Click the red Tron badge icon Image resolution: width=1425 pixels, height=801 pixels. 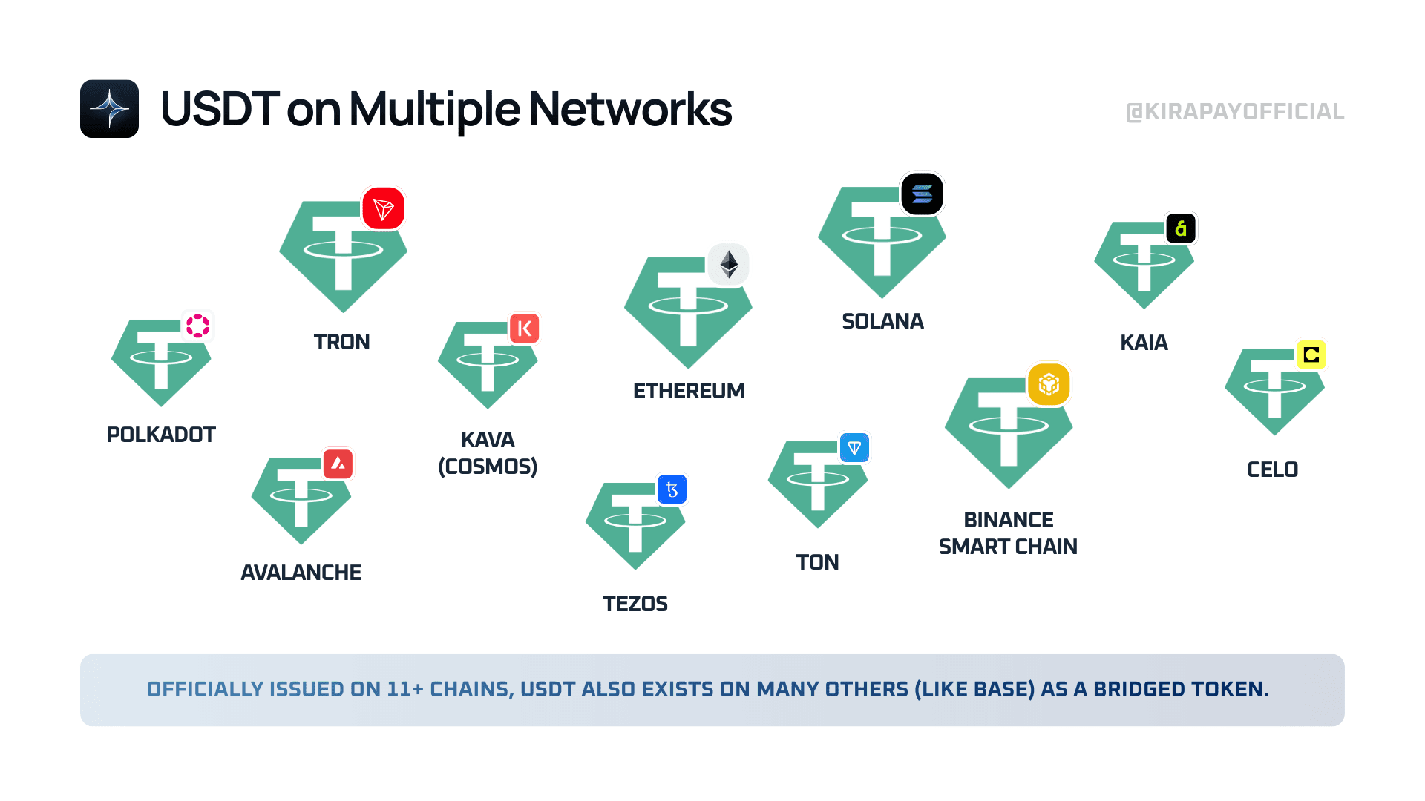[384, 208]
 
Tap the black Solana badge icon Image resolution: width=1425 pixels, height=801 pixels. [922, 194]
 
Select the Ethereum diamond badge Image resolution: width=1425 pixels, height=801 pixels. [729, 264]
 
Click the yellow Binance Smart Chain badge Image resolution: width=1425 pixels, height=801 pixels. [1049, 384]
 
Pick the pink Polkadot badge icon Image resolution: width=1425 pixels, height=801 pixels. [197, 326]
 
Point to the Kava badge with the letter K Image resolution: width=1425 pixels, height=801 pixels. [524, 328]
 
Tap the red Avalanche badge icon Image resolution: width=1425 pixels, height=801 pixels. [338, 464]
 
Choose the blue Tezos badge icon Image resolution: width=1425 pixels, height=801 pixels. [672, 489]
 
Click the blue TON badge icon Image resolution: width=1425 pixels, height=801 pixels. [854, 448]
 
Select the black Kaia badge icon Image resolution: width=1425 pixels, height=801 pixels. [1181, 228]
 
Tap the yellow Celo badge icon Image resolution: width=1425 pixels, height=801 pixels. [1311, 355]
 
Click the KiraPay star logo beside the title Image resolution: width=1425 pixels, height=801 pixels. [110, 109]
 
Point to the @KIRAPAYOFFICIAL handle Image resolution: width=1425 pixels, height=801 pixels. [1235, 112]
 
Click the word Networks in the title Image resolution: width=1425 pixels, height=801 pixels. [630, 109]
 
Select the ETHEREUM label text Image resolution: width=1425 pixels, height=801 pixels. [689, 391]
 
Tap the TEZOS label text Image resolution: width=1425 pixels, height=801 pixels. [635, 604]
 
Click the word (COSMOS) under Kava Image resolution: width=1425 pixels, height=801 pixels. [488, 467]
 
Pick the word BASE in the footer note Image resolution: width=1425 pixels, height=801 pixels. [1004, 689]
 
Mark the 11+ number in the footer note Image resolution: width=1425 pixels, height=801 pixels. [405, 689]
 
